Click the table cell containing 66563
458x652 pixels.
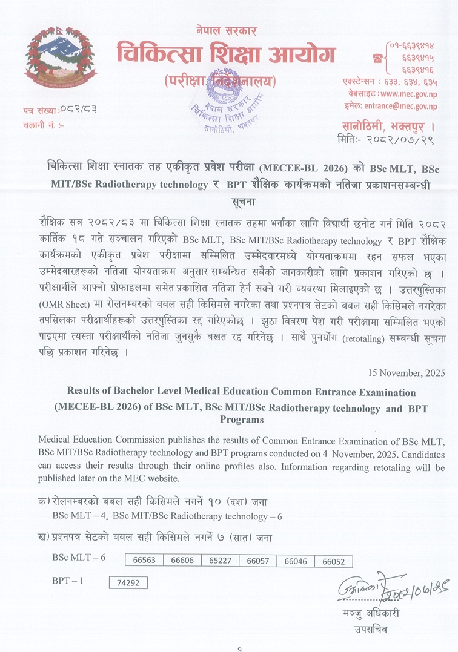click(144, 561)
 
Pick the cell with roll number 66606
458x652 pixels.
click(182, 561)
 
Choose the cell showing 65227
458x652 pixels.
click(220, 561)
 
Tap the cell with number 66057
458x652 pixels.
click(257, 561)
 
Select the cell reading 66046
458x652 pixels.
click(296, 561)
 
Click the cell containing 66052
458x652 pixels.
click(333, 561)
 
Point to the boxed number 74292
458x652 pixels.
click(128, 583)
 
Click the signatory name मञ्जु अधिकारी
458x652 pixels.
click(371, 613)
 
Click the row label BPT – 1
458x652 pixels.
click(68, 581)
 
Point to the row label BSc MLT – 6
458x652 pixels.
click(79, 557)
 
